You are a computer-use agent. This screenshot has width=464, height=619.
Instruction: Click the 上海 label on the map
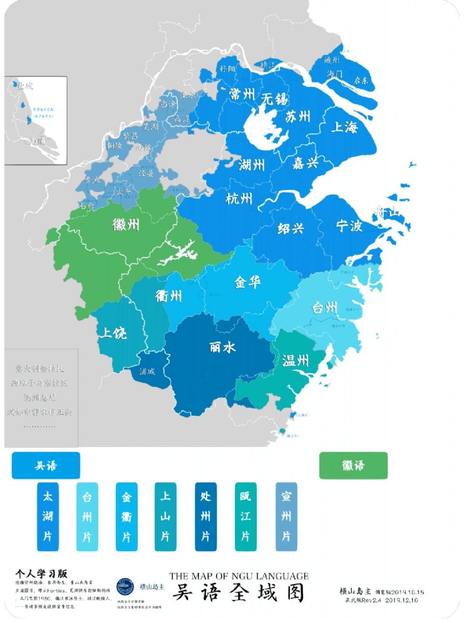[x=345, y=127]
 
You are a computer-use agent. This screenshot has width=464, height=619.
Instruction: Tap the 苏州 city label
[x=298, y=117]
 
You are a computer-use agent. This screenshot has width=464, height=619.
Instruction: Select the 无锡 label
[x=274, y=99]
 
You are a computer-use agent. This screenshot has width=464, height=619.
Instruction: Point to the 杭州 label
[x=239, y=198]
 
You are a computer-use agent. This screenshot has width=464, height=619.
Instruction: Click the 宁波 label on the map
[x=349, y=226]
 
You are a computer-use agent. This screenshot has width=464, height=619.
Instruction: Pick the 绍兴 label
[x=290, y=228]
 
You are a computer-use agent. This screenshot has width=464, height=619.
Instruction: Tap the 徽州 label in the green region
[x=126, y=224]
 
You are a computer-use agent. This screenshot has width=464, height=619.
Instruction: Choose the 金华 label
[x=248, y=282]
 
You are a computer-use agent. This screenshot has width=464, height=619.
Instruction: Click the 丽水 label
[x=222, y=347]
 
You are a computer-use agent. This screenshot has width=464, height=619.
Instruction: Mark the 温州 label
[x=295, y=360]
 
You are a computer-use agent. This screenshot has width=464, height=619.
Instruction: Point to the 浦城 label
[x=147, y=372]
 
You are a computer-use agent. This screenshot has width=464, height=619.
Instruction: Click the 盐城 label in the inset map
[x=25, y=87]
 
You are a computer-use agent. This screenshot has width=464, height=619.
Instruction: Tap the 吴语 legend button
[x=46, y=465]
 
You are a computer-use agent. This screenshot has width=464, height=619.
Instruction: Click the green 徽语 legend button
[x=353, y=465]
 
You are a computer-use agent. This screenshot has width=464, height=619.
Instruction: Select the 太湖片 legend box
[x=48, y=516]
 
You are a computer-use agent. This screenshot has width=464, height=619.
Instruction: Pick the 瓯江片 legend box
[x=246, y=516]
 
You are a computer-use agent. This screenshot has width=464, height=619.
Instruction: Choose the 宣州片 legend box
[x=286, y=516]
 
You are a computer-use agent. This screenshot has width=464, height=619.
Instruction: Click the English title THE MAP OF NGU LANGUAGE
[x=239, y=576]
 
